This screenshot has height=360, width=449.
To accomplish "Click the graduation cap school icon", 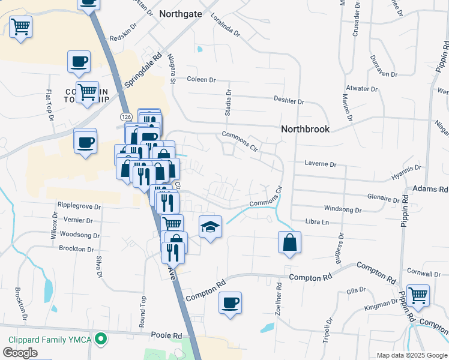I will [x=210, y=227].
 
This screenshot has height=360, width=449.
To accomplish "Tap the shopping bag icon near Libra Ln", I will [x=289, y=242].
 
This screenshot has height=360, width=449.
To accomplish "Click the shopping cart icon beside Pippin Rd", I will [x=418, y=295].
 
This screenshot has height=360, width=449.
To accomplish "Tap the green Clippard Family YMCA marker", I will [x=101, y=339].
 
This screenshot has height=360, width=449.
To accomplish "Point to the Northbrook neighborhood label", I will [x=306, y=129].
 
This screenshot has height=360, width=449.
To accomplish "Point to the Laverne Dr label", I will [x=321, y=163].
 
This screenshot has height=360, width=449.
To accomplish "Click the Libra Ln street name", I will [x=318, y=222].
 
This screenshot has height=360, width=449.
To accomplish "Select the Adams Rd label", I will [x=435, y=189].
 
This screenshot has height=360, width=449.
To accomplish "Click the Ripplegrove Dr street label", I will [x=79, y=205].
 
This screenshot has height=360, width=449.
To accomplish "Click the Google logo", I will [x=20, y=353].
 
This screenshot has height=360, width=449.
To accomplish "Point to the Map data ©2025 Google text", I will [x=412, y=355].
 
